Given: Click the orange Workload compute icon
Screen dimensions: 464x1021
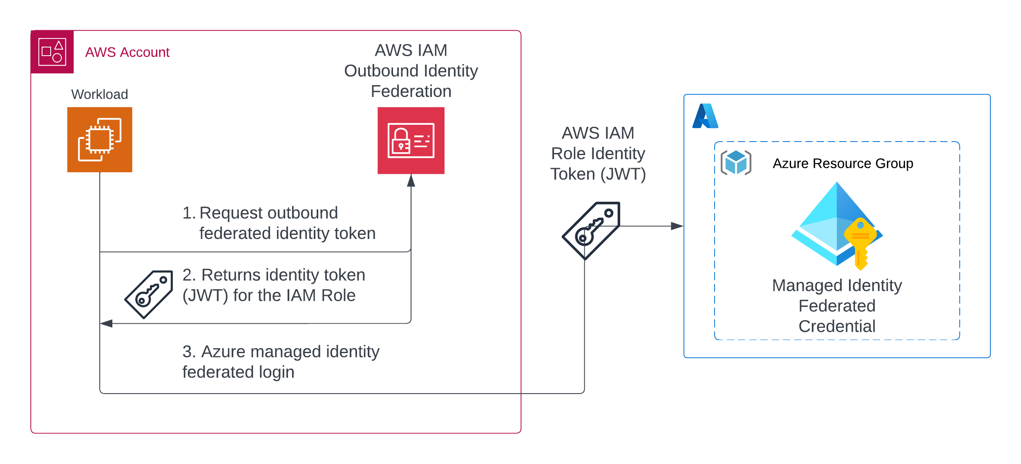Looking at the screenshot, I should tap(100, 140).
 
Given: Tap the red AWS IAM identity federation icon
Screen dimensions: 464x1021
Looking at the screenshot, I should tap(411, 140).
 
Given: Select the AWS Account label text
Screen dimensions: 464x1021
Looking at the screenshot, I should tap(127, 52).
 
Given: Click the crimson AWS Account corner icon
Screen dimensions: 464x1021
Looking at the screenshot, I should tap(52, 52).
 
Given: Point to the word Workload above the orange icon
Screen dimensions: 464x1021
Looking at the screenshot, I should tap(99, 95).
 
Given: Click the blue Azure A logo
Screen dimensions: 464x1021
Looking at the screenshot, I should tap(705, 116).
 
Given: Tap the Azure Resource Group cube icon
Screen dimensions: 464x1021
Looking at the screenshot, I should tap(735, 162).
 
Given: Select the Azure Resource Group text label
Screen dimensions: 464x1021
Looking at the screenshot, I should tap(842, 163).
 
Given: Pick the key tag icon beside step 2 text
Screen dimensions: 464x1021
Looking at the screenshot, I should tap(149, 294).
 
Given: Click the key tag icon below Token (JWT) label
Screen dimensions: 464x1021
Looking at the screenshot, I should tap(591, 230).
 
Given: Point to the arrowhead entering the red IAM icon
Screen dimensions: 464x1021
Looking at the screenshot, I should tap(411, 181).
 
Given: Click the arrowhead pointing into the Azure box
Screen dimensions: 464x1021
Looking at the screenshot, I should tap(677, 226).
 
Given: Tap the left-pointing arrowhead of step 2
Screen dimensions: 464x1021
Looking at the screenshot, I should tap(106, 323).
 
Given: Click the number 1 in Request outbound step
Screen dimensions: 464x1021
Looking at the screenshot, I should tap(188, 213).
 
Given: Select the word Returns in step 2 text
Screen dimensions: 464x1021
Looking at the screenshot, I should tap(231, 275).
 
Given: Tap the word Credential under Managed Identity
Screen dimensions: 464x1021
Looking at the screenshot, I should tap(836, 326).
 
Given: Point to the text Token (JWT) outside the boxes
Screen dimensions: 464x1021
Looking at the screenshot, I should tap(598, 174).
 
